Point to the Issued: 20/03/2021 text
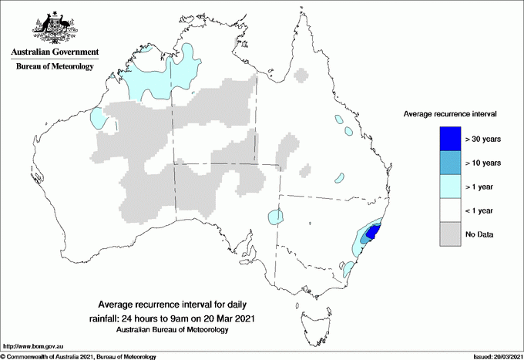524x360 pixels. (x=492, y=356)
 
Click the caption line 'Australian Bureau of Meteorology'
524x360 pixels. (x=172, y=330)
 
